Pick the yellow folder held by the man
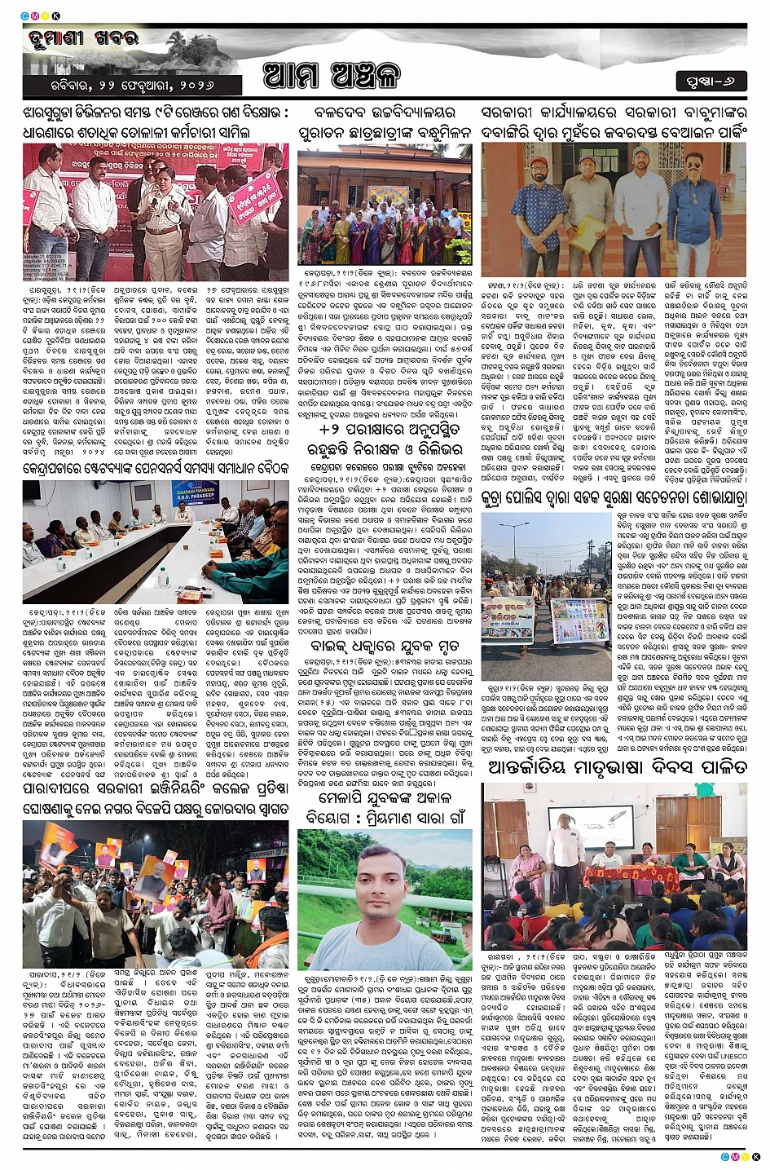582,235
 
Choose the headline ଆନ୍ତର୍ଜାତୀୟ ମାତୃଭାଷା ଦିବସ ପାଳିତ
616,767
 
